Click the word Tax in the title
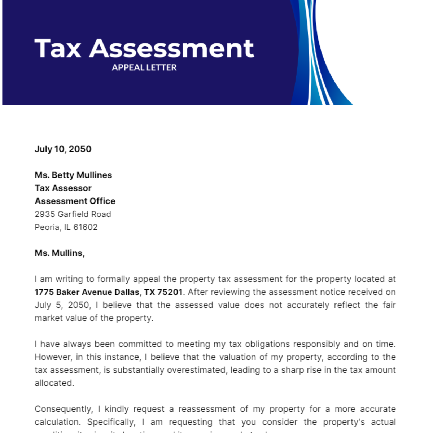58,49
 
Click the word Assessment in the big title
171,49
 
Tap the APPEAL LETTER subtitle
144,67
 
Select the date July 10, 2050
63,149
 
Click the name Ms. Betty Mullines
73,175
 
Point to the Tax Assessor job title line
63,188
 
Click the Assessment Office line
75,201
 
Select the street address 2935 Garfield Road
73,214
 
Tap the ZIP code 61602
86,227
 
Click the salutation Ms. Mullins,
60,253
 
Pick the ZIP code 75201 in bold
170,292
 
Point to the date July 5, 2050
62,305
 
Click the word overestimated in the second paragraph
197,370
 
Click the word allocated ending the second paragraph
54,383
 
